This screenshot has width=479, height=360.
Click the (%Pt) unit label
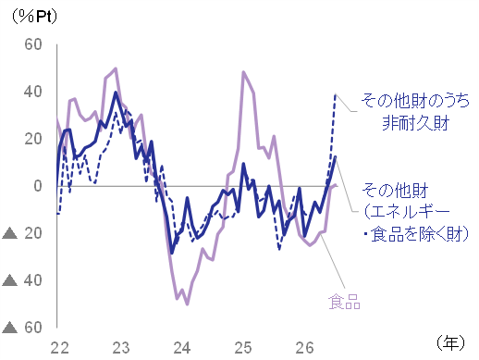[x=34, y=17]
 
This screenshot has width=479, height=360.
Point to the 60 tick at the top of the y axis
[x=33, y=44]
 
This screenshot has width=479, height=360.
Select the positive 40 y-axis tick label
[x=33, y=92]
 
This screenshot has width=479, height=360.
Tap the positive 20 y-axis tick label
[x=33, y=139]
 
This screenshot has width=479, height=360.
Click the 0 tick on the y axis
[x=38, y=186]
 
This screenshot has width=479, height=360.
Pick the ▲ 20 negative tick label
[x=22, y=233]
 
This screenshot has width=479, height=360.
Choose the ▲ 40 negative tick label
[x=22, y=280]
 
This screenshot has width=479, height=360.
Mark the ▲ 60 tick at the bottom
[x=22, y=328]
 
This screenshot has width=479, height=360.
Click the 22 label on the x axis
[x=60, y=348]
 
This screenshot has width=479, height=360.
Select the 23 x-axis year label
[x=121, y=348]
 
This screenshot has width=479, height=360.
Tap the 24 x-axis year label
[x=182, y=348]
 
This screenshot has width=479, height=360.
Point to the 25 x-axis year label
[x=243, y=348]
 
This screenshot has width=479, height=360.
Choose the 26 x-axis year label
[x=304, y=348]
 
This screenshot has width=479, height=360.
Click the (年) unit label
[x=450, y=342]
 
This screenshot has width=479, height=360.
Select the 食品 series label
[x=344, y=302]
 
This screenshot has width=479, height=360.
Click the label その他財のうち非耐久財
[x=415, y=112]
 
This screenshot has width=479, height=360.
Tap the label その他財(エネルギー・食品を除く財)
[x=415, y=212]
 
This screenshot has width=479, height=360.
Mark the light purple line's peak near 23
[x=116, y=68]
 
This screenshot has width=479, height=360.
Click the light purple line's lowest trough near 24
[x=187, y=304]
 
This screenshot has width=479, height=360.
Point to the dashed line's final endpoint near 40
[x=336, y=94]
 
